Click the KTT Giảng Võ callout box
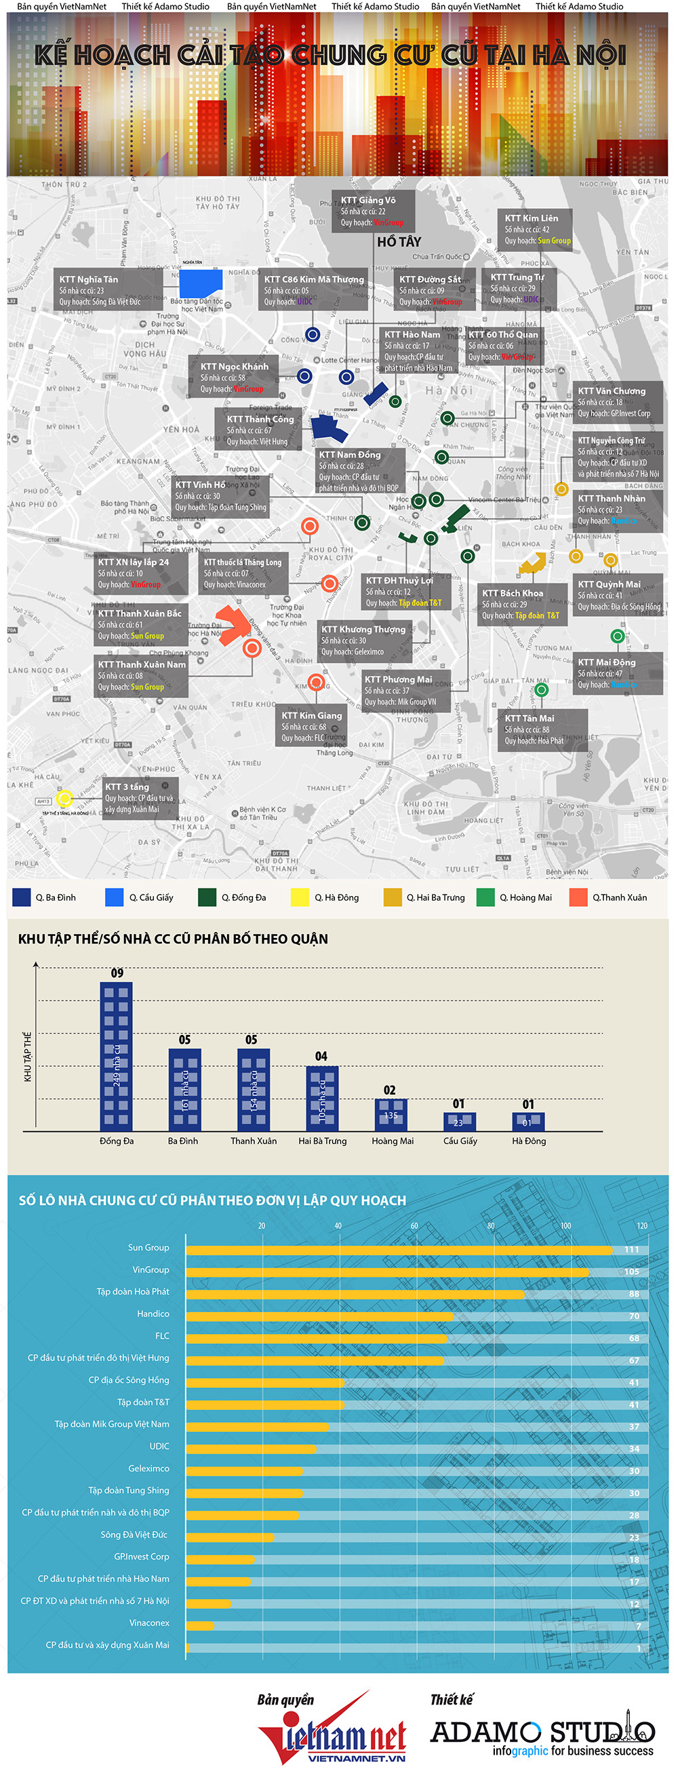[x=374, y=210]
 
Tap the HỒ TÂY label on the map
[x=399, y=242]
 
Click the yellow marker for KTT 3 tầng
[x=64, y=798]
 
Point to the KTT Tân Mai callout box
[x=542, y=729]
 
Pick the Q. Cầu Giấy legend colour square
[x=114, y=897]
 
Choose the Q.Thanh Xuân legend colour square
[x=578, y=897]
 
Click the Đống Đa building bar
[x=116, y=1057]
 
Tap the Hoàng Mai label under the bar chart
[x=393, y=1141]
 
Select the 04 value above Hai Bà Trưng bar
[x=321, y=1056]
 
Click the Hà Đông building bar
[x=528, y=1121]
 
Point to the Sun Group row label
[x=148, y=1248]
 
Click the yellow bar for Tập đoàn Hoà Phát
[x=355, y=1294]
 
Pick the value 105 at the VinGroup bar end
[x=632, y=1271]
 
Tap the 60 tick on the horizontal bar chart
[x=414, y=1225]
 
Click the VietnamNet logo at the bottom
[x=333, y=1735]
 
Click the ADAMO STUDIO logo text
[x=542, y=1731]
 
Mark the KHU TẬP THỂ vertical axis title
[x=28, y=1056]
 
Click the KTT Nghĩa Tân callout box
[x=108, y=289]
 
